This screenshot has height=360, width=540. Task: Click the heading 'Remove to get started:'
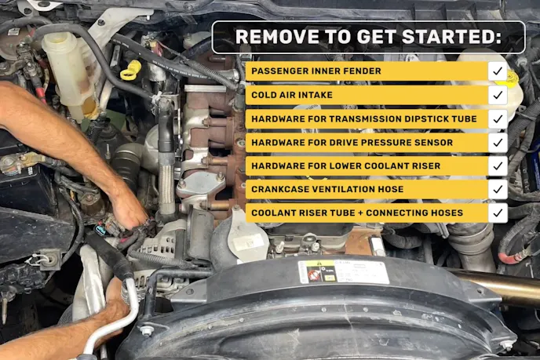pyautogui.click(x=368, y=37)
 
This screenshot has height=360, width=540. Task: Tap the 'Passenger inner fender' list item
pyautogui.click(x=316, y=71)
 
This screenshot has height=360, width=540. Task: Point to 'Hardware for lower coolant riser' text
pyautogui.click(x=345, y=165)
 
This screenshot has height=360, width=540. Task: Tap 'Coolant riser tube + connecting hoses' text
pyautogui.click(x=357, y=213)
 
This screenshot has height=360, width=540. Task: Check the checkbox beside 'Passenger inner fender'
pyautogui.click(x=498, y=71)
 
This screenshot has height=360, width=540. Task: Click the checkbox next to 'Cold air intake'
pyautogui.click(x=498, y=95)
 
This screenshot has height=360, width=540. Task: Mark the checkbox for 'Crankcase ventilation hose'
pyautogui.click(x=498, y=189)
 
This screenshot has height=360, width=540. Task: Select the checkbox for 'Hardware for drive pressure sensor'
pyautogui.click(x=498, y=142)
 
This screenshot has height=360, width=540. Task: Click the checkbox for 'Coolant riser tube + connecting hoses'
pyautogui.click(x=498, y=213)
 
